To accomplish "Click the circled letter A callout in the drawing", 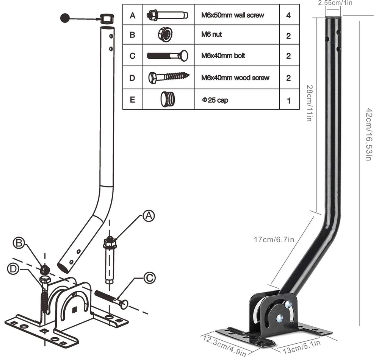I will pos(149,216).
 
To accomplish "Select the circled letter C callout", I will pos(149,278).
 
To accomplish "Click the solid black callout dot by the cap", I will pos(65,17).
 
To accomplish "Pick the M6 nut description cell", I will pos(211,34).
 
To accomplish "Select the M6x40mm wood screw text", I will pos(235,78).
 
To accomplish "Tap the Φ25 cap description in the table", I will pos(215,100).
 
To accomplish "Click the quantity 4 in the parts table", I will pos(288,16).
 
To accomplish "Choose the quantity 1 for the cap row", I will pos(288,101).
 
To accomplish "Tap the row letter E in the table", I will pos(132,100).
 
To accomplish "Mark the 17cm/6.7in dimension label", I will pos(274,240).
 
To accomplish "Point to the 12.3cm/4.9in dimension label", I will pos(225,345).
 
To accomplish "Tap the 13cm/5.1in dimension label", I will pos(299,347).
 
